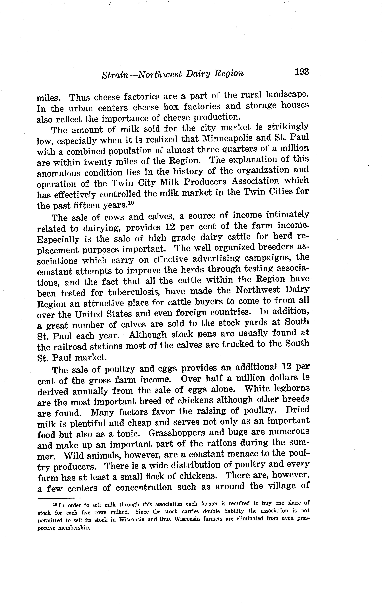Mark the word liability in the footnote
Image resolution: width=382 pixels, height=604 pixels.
click(x=235, y=511)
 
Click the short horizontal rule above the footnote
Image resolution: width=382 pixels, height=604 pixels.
click(x=59, y=498)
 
